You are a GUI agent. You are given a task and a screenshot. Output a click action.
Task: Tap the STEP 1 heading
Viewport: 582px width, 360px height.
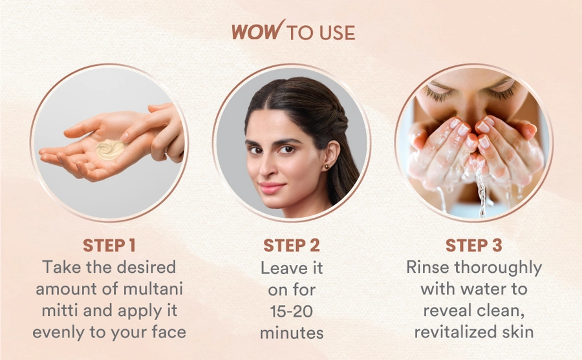(109, 246)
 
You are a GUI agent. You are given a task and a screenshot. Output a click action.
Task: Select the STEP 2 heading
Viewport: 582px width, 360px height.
(292, 246)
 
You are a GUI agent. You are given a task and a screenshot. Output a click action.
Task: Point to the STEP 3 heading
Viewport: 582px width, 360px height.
(473, 246)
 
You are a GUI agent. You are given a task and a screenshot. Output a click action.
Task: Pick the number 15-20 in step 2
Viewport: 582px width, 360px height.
(292, 311)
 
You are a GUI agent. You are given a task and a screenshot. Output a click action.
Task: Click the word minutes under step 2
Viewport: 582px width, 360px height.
(292, 333)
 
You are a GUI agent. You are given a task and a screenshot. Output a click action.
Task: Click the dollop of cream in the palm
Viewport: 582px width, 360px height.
(110, 149)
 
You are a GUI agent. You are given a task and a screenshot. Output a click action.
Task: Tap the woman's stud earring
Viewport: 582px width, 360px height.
(327, 167)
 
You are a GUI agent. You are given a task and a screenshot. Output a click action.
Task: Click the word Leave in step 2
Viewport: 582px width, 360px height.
(279, 268)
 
